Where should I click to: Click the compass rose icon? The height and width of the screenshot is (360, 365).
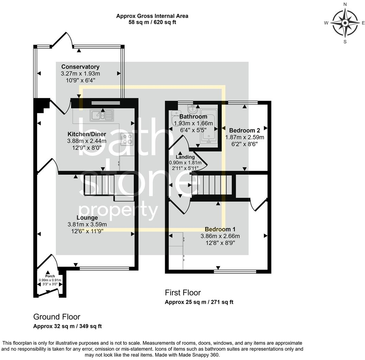[345, 23]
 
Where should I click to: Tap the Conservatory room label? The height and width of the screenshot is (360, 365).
[80, 67]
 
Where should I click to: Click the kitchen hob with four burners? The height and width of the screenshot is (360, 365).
[126, 139]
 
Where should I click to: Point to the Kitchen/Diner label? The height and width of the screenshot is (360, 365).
[86, 134]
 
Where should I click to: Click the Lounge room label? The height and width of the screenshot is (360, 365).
[87, 217]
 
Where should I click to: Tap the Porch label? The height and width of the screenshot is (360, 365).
[50, 276]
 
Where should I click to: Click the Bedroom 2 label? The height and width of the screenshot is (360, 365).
[244, 130]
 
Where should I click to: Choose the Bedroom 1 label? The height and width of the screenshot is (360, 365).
[220, 229]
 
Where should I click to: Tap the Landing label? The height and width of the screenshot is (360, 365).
[185, 157]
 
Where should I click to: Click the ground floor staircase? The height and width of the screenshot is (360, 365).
[99, 184]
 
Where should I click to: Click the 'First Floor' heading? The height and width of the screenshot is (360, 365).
[183, 292]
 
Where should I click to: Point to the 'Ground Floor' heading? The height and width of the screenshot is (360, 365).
[57, 317]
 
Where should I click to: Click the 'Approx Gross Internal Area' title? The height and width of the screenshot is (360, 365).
[152, 16]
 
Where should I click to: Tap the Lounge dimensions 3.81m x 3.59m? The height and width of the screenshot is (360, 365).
[87, 224]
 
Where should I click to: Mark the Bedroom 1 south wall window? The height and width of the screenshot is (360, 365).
[235, 271]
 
